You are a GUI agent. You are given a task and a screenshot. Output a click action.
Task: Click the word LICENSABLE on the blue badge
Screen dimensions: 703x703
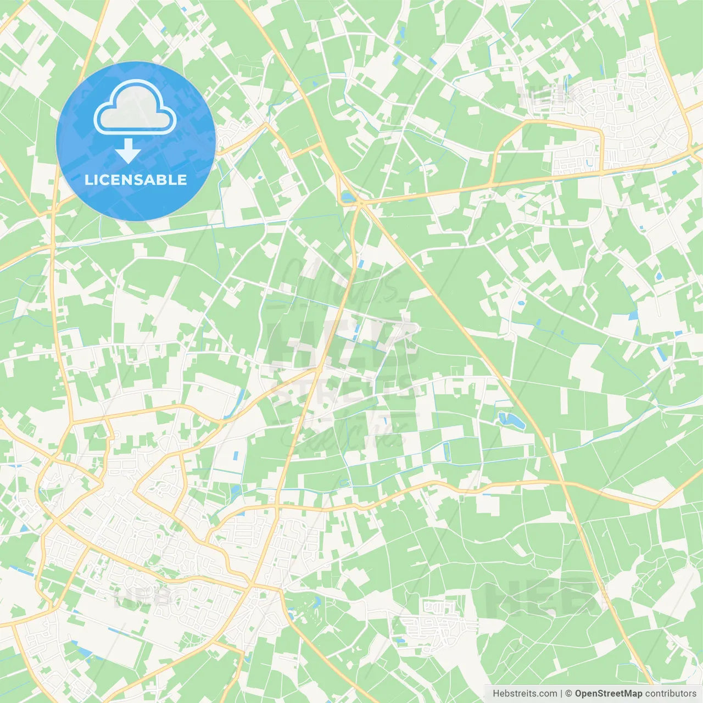coord(136,180)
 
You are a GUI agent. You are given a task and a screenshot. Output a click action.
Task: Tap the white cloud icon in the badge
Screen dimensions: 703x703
coord(135,107)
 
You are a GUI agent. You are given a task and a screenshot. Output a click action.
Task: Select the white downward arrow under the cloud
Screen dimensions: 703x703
coord(128,152)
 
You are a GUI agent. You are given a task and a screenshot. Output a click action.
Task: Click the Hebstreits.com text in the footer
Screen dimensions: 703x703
coord(525,694)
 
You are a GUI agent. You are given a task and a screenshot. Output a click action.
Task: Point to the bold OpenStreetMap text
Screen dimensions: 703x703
coord(609,694)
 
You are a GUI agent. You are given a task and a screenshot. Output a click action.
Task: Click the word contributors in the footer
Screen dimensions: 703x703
coord(671,694)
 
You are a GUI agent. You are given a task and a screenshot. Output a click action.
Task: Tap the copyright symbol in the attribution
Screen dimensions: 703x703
coord(569,694)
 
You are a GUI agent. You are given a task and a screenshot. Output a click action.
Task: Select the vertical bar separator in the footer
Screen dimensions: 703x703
coord(561,694)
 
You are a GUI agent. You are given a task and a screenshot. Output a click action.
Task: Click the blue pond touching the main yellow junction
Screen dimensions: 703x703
coord(348,197)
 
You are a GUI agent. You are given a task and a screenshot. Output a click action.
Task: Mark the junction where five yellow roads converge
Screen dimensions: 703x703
coord(360,203)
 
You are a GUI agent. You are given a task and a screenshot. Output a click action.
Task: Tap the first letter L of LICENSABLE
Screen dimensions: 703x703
coord(88,180)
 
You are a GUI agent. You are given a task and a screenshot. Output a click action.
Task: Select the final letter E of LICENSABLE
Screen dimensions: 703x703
coord(182,180)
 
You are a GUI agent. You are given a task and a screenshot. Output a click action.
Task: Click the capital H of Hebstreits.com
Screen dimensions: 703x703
coord(496,694)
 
